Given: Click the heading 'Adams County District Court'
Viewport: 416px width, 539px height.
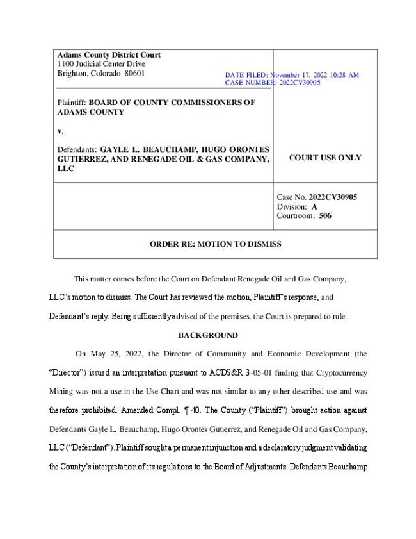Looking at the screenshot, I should (x=109, y=55).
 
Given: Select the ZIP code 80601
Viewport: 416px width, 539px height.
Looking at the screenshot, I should (x=134, y=73).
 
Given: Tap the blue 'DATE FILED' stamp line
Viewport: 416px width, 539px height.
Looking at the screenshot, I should (x=292, y=75).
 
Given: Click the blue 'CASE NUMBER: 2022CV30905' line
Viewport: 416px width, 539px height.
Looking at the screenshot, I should (x=273, y=83).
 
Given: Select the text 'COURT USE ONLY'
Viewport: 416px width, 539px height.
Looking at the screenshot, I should (x=325, y=158).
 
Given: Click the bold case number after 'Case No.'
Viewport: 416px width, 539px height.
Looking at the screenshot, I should (x=332, y=197).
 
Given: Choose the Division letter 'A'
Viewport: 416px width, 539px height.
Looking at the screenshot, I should (x=314, y=206).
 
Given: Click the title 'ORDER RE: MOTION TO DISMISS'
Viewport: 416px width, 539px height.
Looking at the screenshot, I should (x=215, y=244).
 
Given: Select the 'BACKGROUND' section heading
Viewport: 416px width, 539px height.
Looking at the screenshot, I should (x=208, y=335).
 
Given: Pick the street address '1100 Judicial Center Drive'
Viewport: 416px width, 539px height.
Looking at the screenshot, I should (x=101, y=64).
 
